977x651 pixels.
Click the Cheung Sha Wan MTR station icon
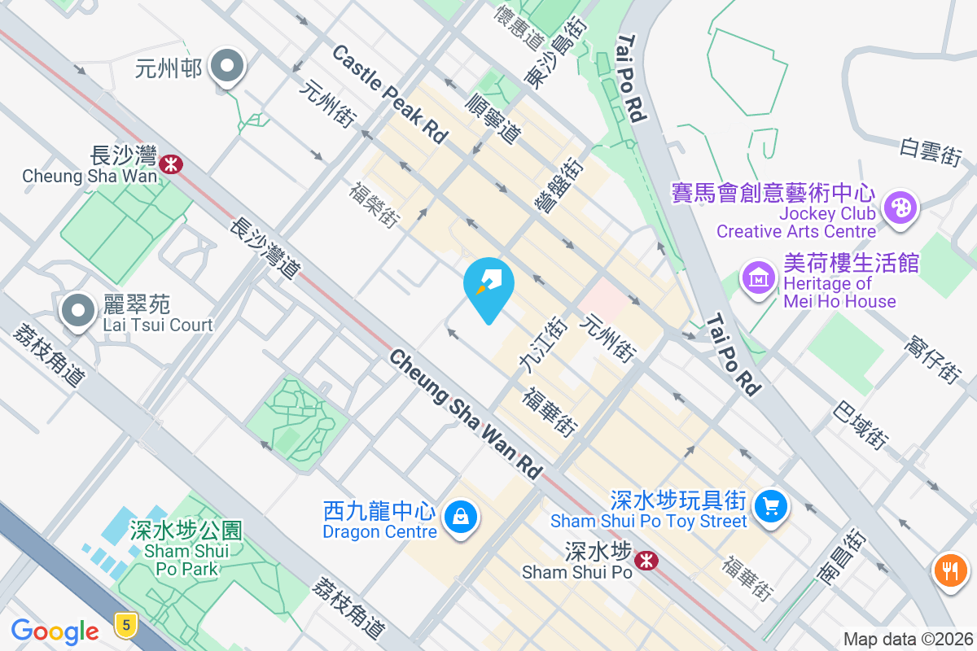point(171,164)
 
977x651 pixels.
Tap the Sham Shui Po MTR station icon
point(646,561)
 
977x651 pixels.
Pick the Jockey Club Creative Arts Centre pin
point(900,207)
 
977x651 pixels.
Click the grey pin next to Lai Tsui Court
point(78,312)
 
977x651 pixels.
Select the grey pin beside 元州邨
point(227,67)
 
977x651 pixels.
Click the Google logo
point(55,631)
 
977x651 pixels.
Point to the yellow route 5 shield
point(125,624)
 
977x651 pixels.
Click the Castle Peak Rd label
point(390,94)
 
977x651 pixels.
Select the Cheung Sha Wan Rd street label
point(465,413)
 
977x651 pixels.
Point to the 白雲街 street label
point(931,151)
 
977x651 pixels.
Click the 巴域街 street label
point(860,425)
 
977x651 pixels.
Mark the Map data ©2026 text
point(907,640)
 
